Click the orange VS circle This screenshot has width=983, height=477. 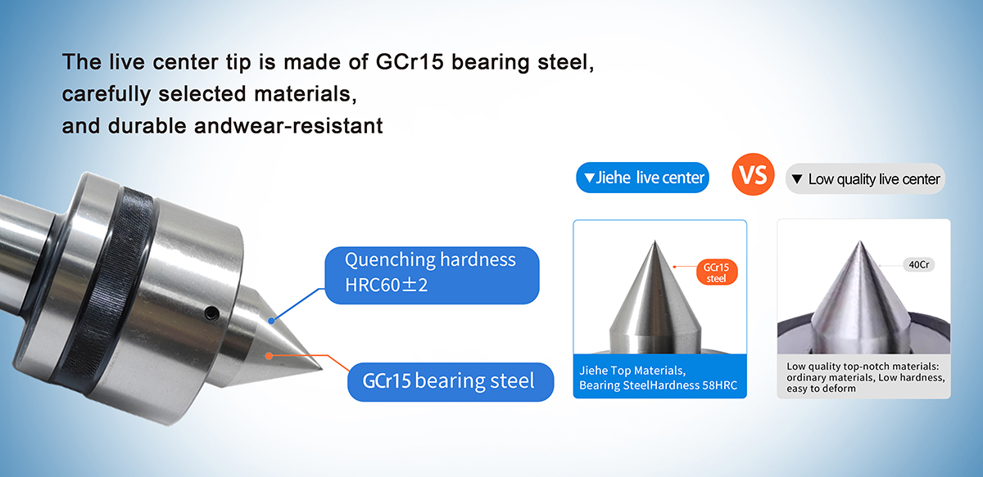(753, 174)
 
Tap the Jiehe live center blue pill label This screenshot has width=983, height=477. (642, 178)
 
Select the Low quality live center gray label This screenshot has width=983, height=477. (865, 179)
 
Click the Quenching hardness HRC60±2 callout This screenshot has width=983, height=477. (432, 276)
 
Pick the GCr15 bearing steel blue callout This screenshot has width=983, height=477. (451, 382)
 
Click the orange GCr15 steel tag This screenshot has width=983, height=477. (717, 272)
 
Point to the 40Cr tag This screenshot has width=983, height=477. (918, 265)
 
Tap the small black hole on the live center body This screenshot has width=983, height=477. (212, 313)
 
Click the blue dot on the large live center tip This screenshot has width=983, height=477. (271, 321)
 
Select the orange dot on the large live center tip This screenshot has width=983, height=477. (269, 356)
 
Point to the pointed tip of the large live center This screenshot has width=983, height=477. (323, 370)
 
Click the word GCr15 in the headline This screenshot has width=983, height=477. (410, 62)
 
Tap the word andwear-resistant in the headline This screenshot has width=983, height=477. (288, 126)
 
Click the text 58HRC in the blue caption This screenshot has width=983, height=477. (720, 385)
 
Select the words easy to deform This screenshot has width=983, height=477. (821, 389)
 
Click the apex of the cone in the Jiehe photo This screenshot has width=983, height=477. (655, 241)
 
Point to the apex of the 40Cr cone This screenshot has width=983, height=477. (859, 242)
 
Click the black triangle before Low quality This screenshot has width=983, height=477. (797, 179)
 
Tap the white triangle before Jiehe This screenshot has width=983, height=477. (589, 178)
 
